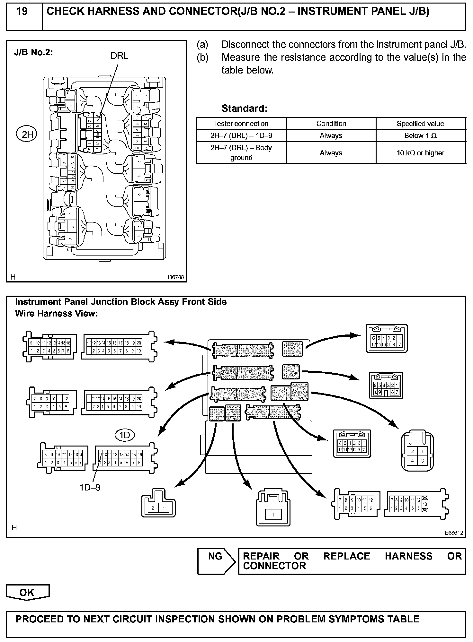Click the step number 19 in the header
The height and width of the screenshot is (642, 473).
click(22, 12)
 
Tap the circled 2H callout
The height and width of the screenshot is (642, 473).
click(27, 134)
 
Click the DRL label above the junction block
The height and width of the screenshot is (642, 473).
click(119, 56)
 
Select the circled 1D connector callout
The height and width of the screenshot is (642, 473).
click(124, 435)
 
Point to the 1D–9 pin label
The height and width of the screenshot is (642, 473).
click(90, 487)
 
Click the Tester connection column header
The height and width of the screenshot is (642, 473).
click(241, 124)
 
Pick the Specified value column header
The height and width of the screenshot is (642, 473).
click(420, 124)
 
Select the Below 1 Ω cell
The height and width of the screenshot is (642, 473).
click(420, 136)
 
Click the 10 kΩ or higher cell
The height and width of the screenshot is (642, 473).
click(420, 153)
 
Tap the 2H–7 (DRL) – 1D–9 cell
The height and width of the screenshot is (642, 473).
click(241, 136)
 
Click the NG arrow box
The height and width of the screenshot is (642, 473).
click(216, 561)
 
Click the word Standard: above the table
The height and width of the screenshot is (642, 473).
click(244, 108)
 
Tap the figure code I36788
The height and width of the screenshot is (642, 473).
click(175, 277)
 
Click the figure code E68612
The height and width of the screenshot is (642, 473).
click(454, 533)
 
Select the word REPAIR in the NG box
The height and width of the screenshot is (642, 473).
click(261, 556)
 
